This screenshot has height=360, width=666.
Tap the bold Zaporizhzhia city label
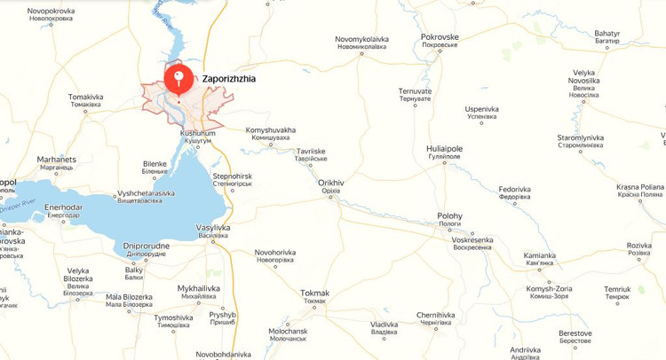coord(229,79)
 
